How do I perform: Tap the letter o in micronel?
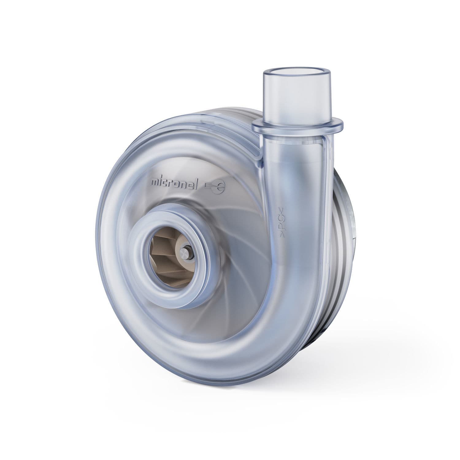183,184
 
